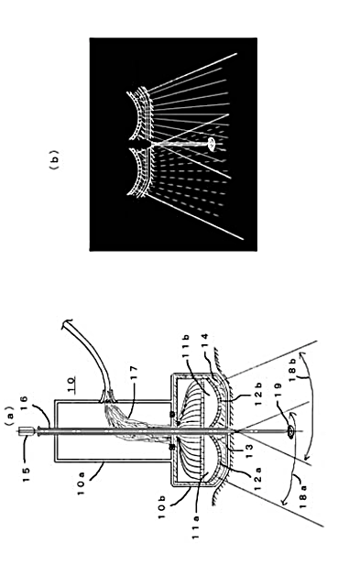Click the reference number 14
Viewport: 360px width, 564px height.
[x=204, y=341]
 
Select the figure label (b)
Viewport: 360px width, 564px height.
[x=55, y=159]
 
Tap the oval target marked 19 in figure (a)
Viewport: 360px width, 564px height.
[x=290, y=430]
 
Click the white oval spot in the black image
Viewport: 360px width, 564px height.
[x=212, y=145]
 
